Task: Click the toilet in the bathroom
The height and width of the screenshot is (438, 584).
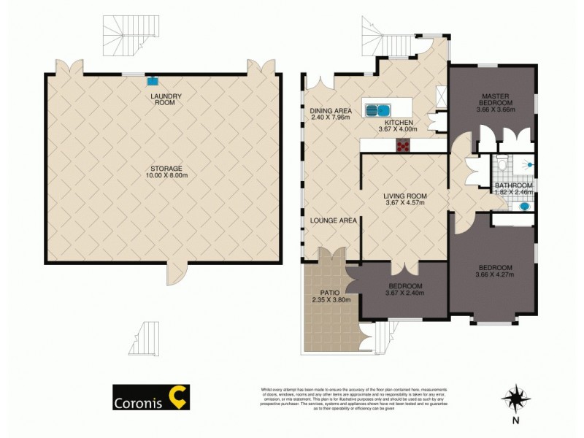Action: (501, 166)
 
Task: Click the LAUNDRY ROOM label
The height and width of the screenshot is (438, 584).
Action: (165, 99)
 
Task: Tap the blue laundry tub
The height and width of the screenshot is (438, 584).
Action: (154, 82)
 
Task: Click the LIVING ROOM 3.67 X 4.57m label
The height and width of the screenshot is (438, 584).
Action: (405, 199)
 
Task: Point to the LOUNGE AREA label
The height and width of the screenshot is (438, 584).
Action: (333, 220)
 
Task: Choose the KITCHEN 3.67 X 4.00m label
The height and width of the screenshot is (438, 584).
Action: (399, 126)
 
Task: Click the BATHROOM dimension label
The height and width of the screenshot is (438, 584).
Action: (513, 189)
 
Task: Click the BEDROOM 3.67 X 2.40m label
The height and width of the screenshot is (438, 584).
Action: (404, 290)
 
